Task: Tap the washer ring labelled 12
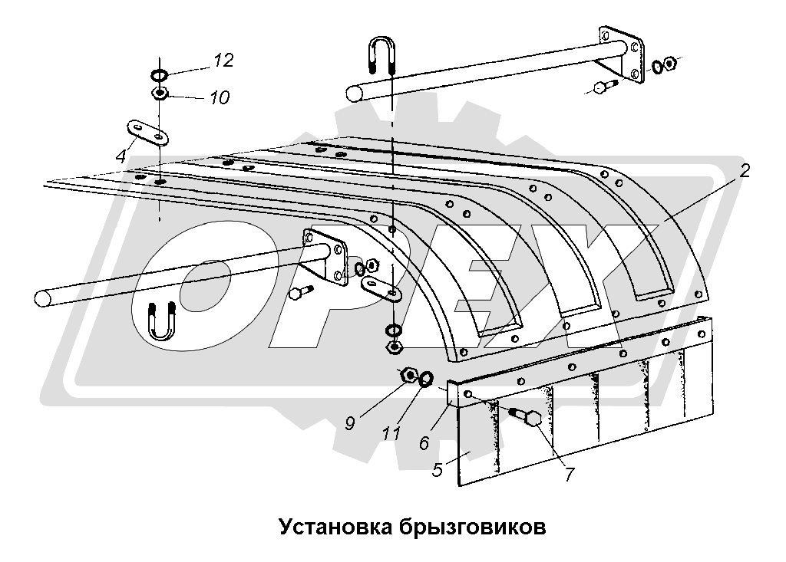160,75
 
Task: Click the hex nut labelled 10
160,94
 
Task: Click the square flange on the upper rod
619,52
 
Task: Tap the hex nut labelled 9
408,375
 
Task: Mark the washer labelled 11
426,378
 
